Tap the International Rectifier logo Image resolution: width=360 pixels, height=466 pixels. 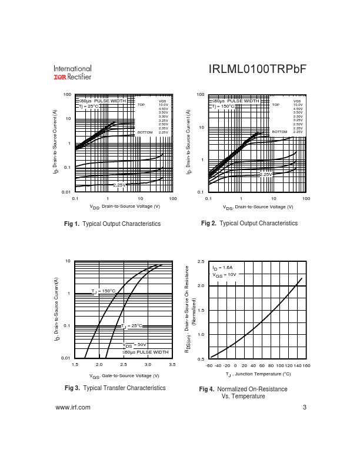tap(72, 72)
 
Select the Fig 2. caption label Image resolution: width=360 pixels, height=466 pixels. tap(209, 224)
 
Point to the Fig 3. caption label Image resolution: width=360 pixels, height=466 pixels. tap(72, 388)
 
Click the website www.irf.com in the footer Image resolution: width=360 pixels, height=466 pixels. tap(72, 408)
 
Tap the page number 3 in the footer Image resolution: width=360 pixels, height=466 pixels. tap(305, 408)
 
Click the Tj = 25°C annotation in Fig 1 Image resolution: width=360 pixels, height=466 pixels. tap(90, 106)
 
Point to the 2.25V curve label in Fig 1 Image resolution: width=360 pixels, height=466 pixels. tap(119, 185)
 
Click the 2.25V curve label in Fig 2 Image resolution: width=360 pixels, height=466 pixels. tap(267, 174)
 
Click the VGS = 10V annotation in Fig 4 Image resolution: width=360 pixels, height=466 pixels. tap(224, 274)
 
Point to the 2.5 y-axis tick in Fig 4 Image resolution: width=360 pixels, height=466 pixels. tap(201, 261)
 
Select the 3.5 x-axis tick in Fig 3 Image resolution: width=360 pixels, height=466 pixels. tap(172, 365)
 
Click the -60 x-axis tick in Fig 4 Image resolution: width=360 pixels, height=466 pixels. tap(209, 365)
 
